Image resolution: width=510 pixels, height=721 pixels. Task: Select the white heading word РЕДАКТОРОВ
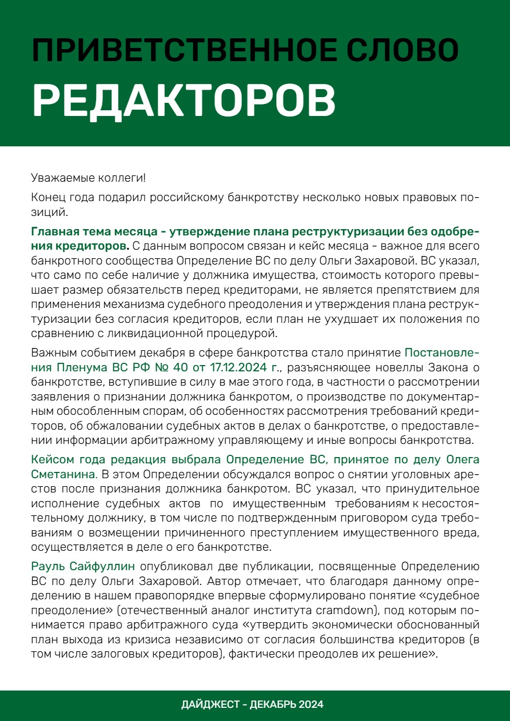click(184, 101)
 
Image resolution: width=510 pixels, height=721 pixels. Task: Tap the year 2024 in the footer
click(310, 704)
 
